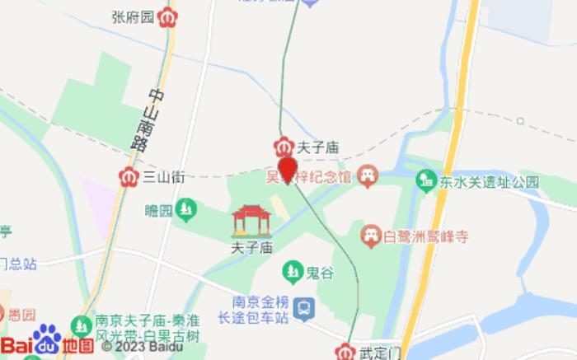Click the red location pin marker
pos(287,170)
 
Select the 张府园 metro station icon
pos(169,17)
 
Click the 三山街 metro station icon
pos(129,175)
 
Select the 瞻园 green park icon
pos(188,211)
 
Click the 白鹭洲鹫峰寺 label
pos(427,236)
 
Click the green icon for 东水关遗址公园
pos(426,179)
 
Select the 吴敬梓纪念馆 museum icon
pos(368,175)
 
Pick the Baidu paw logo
pos(47,339)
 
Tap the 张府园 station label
pos(134,16)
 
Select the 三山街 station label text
pos(162,175)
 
